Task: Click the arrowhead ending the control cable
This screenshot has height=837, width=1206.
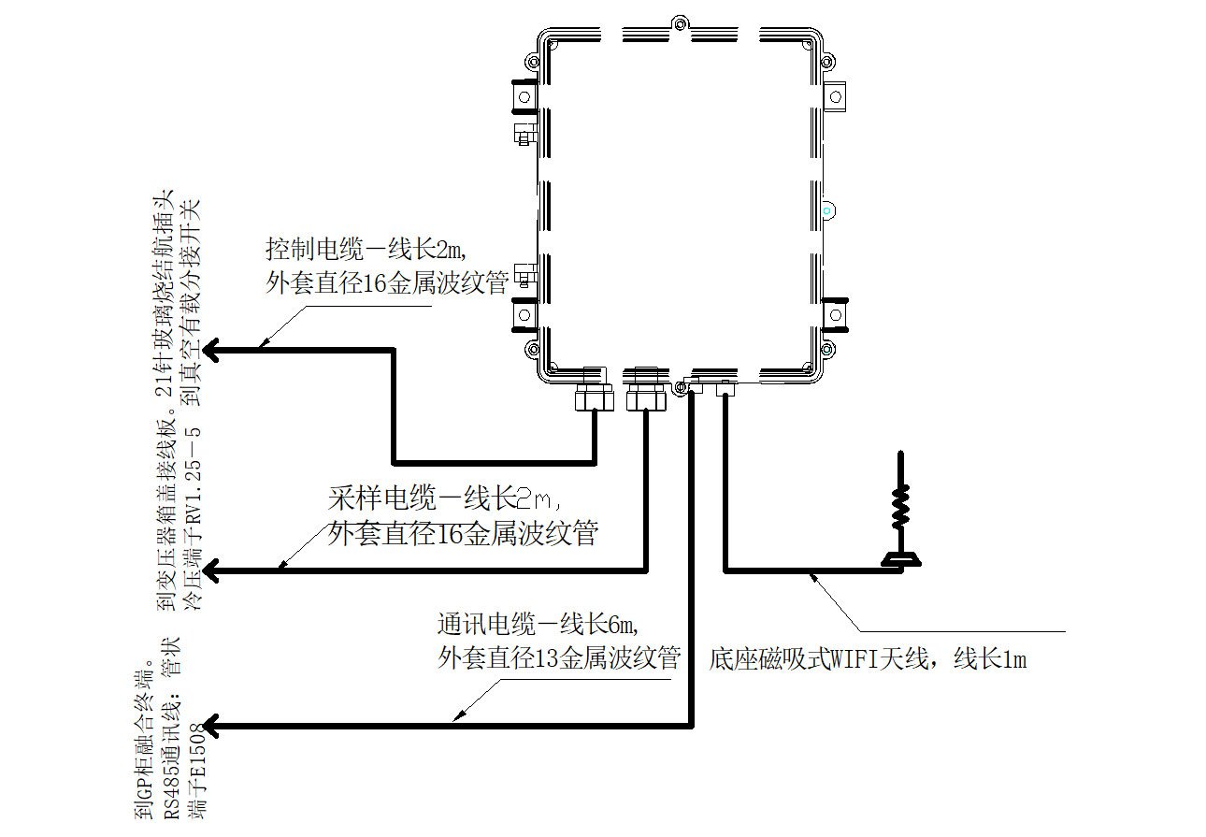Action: coord(212,351)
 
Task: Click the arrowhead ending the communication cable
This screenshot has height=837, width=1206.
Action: coord(212,726)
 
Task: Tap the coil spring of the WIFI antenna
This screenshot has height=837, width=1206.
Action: coord(900,507)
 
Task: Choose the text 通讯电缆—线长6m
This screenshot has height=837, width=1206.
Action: coord(543,623)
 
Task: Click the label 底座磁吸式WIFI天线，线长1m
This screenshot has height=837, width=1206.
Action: coord(869,659)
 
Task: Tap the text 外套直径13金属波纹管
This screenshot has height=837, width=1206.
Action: coord(558,658)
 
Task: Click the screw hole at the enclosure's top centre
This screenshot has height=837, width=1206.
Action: coord(680,22)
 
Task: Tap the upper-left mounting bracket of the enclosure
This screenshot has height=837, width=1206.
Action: coord(524,95)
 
